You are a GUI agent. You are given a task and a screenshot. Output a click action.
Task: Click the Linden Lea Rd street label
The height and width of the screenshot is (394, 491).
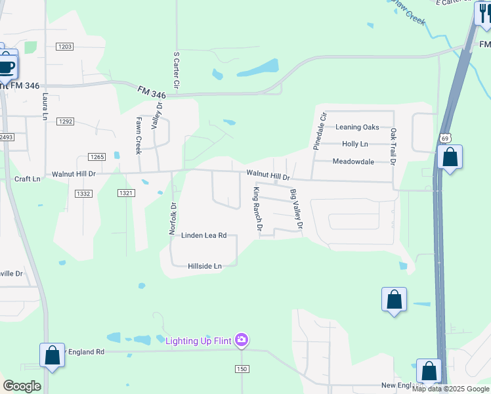pyautogui.click(x=203, y=235)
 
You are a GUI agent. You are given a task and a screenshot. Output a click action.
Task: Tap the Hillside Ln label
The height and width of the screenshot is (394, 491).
pyautogui.click(x=205, y=266)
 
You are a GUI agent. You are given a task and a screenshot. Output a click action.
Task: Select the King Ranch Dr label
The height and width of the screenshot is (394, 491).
pyautogui.click(x=258, y=209)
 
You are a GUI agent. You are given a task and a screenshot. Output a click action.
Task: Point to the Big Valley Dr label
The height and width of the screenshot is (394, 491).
pyautogui.click(x=297, y=209)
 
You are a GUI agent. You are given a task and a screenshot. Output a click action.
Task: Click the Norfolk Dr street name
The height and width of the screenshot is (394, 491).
pyautogui.click(x=174, y=218)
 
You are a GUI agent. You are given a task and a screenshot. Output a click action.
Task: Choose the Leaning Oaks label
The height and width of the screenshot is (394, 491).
pyautogui.click(x=357, y=127)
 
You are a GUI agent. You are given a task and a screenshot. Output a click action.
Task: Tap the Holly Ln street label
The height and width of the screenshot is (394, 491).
pyautogui.click(x=355, y=144)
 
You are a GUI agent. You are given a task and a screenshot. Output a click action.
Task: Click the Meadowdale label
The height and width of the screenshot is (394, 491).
pyautogui.click(x=353, y=162)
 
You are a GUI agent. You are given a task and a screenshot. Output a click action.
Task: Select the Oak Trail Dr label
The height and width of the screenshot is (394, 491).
pyautogui.click(x=393, y=146)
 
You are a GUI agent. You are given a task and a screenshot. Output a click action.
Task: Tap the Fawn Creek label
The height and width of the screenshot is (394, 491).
pyautogui.click(x=139, y=135)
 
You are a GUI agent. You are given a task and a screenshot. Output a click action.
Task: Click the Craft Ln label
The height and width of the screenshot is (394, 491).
pyautogui.click(x=27, y=179)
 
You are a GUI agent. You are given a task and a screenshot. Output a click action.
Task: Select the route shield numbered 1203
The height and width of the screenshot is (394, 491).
pyautogui.click(x=64, y=47)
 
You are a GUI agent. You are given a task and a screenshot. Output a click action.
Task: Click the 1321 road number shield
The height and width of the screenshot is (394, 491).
pyautogui.click(x=126, y=193)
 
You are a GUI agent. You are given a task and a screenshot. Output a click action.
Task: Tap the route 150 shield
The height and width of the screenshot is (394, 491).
pyautogui.click(x=242, y=369)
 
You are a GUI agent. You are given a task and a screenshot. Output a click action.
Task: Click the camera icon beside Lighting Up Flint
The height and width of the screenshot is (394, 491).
pyautogui.click(x=242, y=339)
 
